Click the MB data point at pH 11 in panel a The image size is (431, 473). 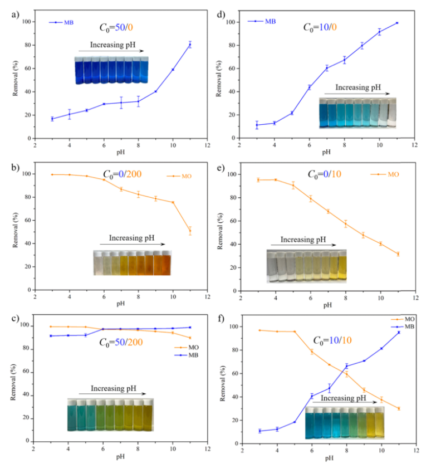[x=190, y=45]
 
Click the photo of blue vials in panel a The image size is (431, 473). [x=111, y=70]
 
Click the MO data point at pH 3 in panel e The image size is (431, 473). [x=258, y=180]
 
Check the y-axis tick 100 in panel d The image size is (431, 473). [x=231, y=22]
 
